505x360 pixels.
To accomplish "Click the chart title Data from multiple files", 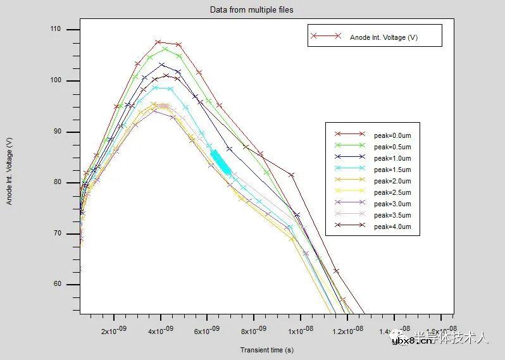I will coord(251,10).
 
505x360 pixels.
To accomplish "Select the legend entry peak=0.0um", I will coord(392,135).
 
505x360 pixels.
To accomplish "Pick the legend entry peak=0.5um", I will coord(392,146).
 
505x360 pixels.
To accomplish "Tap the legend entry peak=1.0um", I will coord(392,158).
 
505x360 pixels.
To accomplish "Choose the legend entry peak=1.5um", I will coord(392,169).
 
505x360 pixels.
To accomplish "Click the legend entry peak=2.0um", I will coord(392,181).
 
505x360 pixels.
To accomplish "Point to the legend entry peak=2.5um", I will coord(392,192).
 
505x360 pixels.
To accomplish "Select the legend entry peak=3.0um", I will coord(392,204).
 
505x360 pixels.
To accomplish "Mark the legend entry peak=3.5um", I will coord(392,215).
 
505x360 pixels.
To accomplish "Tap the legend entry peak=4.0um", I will coord(392,227).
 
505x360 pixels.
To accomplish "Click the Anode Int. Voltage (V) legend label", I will coord(383,37).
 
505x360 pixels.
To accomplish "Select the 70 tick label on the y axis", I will coord(58,233).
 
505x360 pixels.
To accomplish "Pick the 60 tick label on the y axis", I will coord(58,284).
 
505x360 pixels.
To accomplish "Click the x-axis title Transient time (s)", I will coord(266,350).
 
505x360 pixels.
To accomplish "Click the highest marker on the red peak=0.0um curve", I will coord(158,42).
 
